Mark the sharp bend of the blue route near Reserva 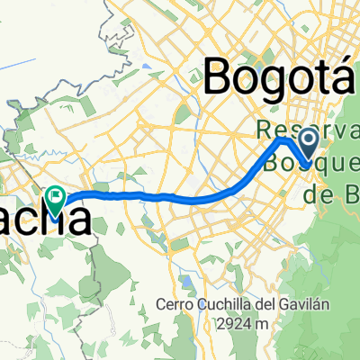[284, 140]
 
